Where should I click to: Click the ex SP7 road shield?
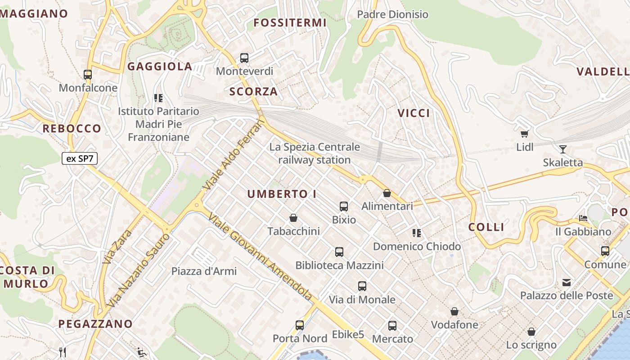[x=80, y=158]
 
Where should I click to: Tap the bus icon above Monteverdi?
[x=244, y=58]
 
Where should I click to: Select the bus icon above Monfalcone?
[x=88, y=75]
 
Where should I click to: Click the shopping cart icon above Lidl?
[x=524, y=134]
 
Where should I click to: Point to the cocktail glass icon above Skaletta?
[x=562, y=149]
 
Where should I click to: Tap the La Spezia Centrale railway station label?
[x=315, y=153]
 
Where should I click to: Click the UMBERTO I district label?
[x=282, y=194]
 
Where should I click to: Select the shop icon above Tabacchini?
[x=293, y=218]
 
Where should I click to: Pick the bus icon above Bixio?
[x=344, y=207]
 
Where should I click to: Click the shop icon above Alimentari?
[x=387, y=193]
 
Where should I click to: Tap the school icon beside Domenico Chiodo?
[x=417, y=233]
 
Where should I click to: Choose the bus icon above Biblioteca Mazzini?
[x=339, y=252]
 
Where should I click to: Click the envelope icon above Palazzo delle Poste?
[x=567, y=283]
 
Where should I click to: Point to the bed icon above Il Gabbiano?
[x=583, y=219]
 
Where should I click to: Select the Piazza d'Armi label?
[x=204, y=271]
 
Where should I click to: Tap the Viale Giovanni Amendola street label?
[x=261, y=256]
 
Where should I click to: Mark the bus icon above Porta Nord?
[x=300, y=325]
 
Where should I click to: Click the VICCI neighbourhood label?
[x=414, y=113]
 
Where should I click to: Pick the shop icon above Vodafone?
[x=454, y=311]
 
